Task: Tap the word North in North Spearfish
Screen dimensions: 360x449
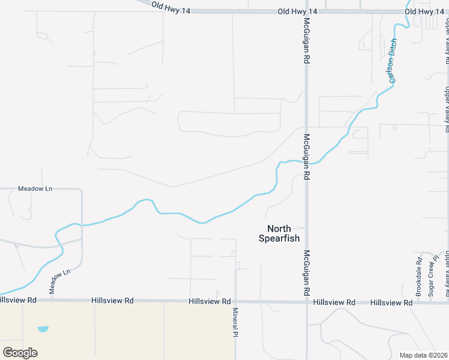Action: click(279, 229)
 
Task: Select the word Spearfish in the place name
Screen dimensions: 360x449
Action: click(275, 238)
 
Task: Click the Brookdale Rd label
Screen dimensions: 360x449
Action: click(419, 277)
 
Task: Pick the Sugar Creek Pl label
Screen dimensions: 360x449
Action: click(430, 278)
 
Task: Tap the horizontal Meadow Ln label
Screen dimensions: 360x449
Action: click(35, 188)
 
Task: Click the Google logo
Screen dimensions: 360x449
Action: click(20, 352)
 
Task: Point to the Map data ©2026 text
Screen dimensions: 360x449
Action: click(423, 355)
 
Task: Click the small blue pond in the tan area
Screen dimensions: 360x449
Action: click(43, 329)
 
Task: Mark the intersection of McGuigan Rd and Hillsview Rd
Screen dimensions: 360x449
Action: click(307, 302)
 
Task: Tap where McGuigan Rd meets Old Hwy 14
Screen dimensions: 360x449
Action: click(307, 11)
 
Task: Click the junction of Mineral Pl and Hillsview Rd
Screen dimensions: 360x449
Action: click(236, 302)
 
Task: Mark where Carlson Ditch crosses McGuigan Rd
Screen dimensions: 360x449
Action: click(307, 163)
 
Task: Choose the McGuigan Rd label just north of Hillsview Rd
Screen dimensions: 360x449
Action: click(306, 272)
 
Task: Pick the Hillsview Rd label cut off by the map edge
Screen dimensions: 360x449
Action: click(18, 299)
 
